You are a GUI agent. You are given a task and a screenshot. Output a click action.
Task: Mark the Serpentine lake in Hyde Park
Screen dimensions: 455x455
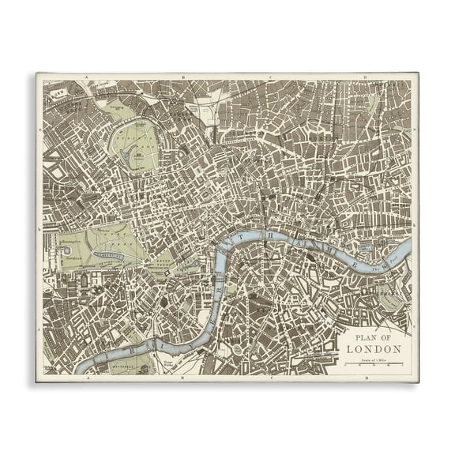(111, 256)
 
